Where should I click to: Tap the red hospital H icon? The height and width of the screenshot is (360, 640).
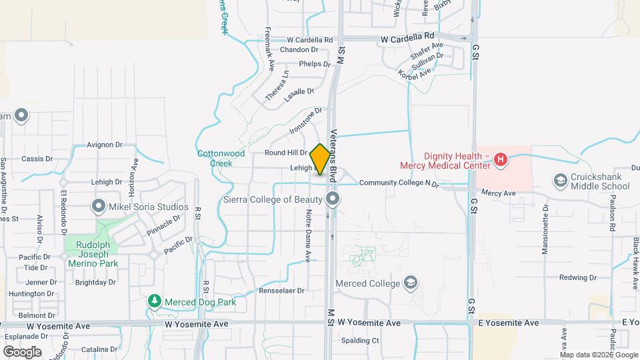coord(501,159)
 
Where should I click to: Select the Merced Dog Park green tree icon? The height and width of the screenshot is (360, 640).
coord(155,302)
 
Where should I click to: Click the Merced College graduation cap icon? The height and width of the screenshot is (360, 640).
coord(411,283)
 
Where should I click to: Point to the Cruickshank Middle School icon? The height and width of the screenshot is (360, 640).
coord(560,181)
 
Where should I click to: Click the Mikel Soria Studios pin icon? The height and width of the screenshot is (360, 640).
coord(99,207)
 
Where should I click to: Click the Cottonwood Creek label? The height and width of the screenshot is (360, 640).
coord(221,158)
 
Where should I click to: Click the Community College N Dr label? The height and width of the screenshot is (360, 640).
coord(399,183)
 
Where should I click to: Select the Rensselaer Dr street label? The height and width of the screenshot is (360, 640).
coord(281,291)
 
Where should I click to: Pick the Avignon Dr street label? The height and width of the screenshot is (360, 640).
coord(105,144)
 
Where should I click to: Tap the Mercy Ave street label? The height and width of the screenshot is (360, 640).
coord(499,193)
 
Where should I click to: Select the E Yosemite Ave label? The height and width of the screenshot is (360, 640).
coord(508,323)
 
